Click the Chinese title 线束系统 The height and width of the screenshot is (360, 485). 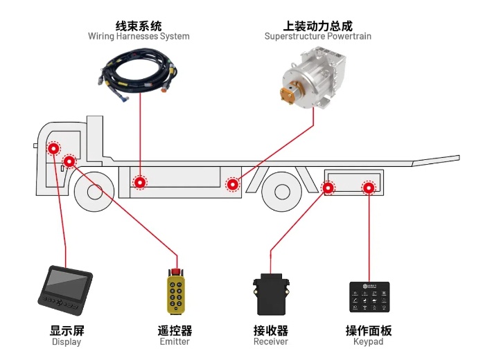point(139,25)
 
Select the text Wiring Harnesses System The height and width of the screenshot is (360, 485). point(139,36)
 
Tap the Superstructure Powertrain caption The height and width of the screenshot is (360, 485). point(318,36)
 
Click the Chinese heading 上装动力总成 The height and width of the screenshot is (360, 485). point(318,25)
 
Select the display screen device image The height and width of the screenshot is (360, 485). point(66,287)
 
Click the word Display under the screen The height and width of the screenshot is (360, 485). point(67,342)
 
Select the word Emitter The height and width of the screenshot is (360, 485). point(175,342)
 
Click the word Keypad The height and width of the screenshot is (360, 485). point(369,342)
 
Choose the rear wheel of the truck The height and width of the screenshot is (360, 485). point(281,192)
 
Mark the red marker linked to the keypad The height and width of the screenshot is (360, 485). point(369,187)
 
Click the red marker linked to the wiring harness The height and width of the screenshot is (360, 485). point(141,183)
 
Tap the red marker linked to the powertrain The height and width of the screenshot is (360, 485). point(233,184)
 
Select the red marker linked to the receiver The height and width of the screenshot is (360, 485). point(328,187)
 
